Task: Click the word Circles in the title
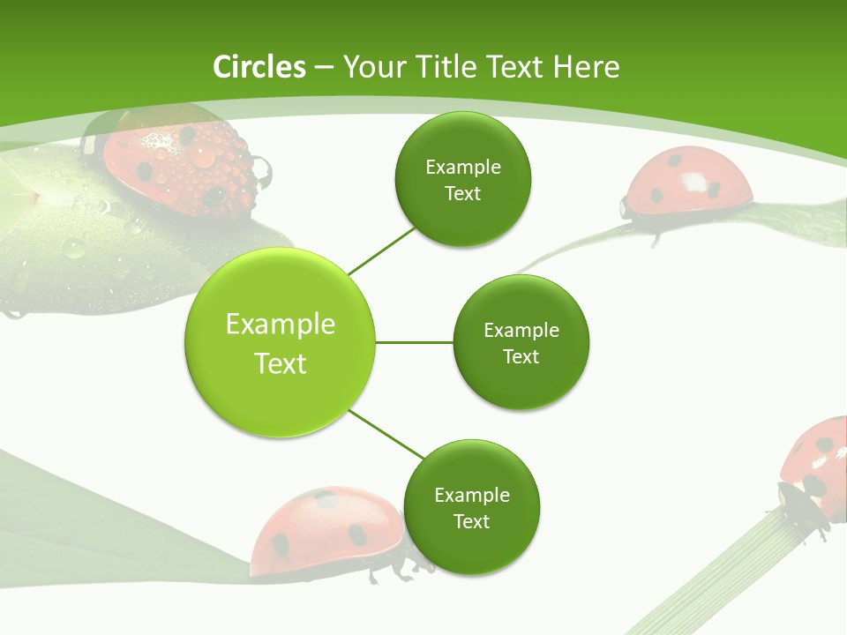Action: point(259,66)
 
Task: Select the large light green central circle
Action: point(281,342)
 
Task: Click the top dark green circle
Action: point(462,180)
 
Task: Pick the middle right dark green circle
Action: point(521,342)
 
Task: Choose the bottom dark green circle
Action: point(471,508)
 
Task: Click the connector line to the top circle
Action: point(383,250)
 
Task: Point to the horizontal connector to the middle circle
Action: point(415,342)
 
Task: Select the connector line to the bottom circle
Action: point(386,434)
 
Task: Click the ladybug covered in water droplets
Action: point(176,159)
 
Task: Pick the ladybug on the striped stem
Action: point(816,467)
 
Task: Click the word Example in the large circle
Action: point(281,324)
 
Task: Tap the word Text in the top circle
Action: point(462,193)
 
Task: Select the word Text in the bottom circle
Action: point(471,521)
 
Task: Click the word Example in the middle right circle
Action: point(521,330)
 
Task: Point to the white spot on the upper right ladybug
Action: point(695,183)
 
